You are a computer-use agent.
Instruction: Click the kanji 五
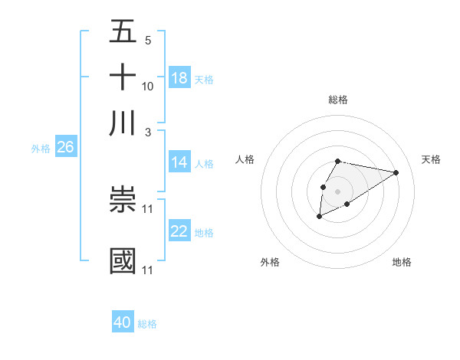(123, 31)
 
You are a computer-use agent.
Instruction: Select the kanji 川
(123, 123)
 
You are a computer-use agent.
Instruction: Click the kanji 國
(123, 260)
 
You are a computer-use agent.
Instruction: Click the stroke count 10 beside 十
(148, 87)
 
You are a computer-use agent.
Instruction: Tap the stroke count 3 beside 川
(147, 132)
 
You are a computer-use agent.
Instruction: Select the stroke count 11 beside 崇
(148, 208)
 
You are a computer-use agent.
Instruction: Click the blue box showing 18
(179, 78)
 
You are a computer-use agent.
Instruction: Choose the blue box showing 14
(179, 162)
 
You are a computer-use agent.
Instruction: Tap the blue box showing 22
(179, 231)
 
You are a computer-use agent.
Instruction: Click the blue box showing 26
(65, 148)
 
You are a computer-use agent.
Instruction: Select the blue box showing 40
(123, 322)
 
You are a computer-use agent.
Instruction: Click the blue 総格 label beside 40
(147, 324)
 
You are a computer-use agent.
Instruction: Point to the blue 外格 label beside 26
(40, 149)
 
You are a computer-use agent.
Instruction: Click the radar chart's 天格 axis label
(431, 159)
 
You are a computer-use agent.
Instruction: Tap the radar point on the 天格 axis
(396, 172)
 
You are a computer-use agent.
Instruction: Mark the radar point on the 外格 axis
(319, 218)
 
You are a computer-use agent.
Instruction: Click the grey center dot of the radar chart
(337, 191)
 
